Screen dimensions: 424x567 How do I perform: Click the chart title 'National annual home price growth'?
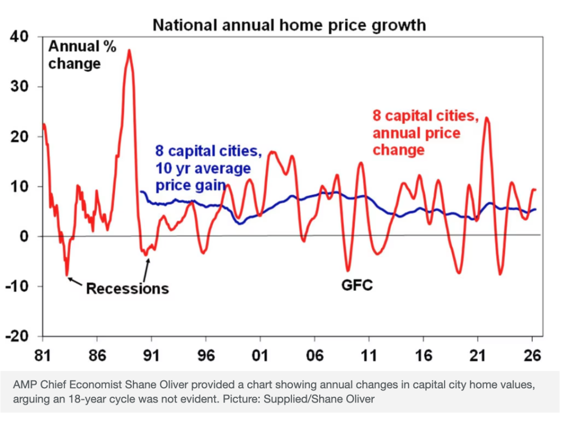click(289, 25)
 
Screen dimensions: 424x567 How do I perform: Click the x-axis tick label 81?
click(42, 355)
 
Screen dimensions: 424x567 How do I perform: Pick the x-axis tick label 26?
click(532, 355)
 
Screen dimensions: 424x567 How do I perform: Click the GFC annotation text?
click(356, 285)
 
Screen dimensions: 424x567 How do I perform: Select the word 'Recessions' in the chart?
click(127, 288)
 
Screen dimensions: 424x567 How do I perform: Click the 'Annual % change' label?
click(75, 55)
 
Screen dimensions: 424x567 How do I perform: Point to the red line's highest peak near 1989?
click(129, 50)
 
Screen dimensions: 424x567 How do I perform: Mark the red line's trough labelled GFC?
click(348, 270)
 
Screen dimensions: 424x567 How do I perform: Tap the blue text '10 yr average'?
click(203, 169)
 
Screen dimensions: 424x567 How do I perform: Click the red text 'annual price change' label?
click(416, 141)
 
